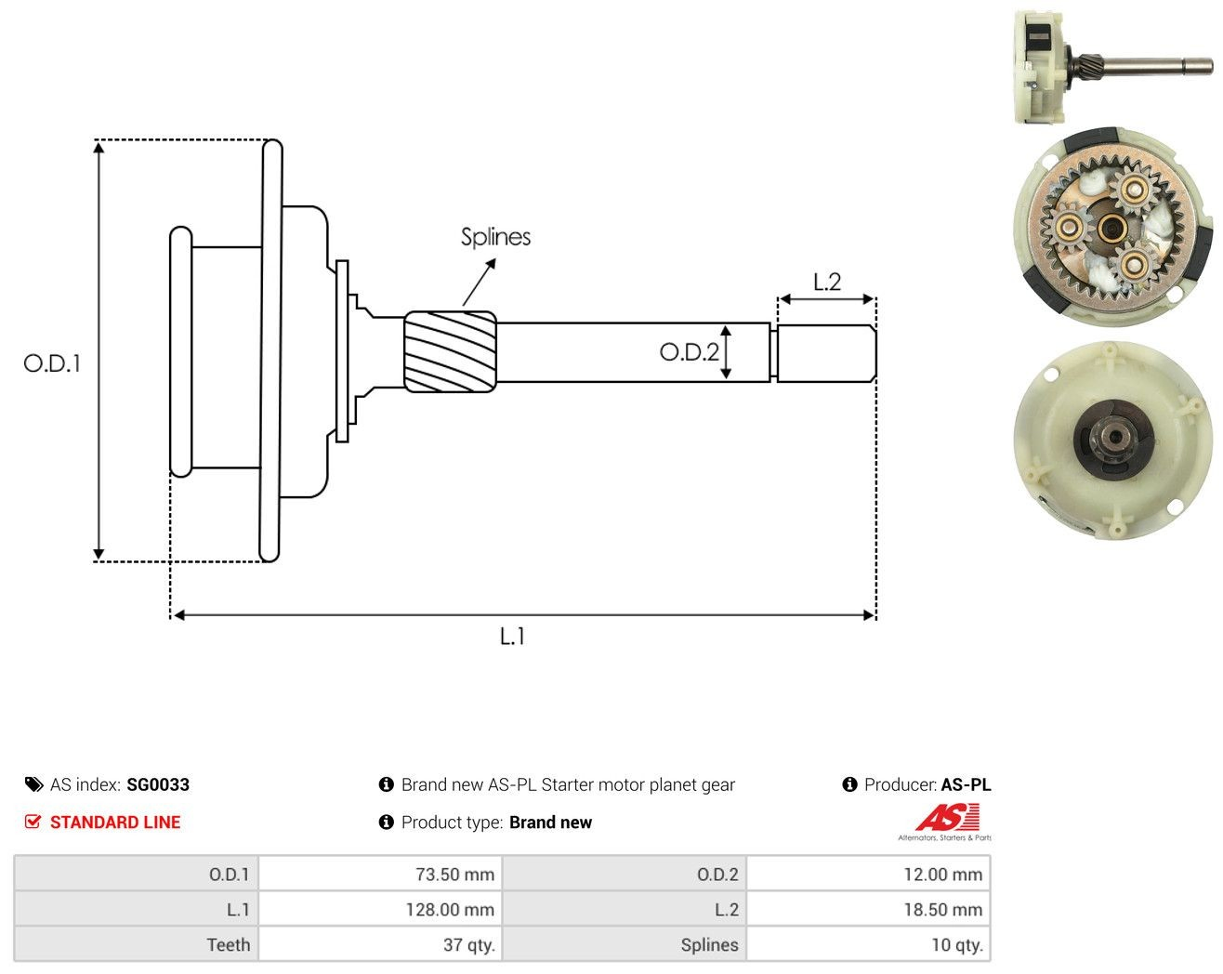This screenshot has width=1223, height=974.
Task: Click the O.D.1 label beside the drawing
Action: pyautogui.click(x=52, y=363)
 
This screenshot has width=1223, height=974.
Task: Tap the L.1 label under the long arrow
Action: pyautogui.click(x=512, y=636)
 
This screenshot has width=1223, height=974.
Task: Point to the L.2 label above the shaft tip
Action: pyautogui.click(x=827, y=282)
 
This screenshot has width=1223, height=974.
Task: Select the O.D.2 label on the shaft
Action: pyautogui.click(x=689, y=352)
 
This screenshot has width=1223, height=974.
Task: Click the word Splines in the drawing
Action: pyautogui.click(x=495, y=237)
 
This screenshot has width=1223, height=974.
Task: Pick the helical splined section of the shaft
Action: pyautogui.click(x=450, y=351)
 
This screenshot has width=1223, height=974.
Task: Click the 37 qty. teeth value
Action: pyautogui.click(x=469, y=944)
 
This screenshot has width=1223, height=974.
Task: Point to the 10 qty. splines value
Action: pyautogui.click(x=957, y=944)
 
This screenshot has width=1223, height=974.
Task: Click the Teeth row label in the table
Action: pyautogui.click(x=229, y=944)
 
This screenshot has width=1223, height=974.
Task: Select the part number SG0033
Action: pyautogui.click(x=158, y=784)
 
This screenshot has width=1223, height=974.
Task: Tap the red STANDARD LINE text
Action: pyautogui.click(x=115, y=823)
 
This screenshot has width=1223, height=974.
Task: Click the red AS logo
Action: pyautogui.click(x=948, y=817)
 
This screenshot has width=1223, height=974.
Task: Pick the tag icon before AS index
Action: pyautogui.click(x=34, y=784)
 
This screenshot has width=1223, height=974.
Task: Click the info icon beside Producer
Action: pyautogui.click(x=849, y=784)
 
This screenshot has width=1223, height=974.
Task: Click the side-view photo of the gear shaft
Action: pyautogui.click(x=1112, y=67)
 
